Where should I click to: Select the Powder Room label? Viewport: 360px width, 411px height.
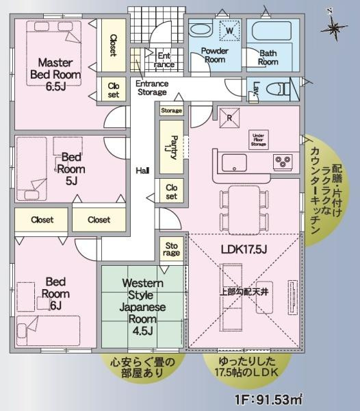pyautogui.click(x=215, y=55)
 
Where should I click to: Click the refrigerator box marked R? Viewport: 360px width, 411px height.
pyautogui.click(x=229, y=116)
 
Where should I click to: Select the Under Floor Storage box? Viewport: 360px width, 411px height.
pyautogui.click(x=259, y=140)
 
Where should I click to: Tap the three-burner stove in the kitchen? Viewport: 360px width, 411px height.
pyautogui.click(x=283, y=162)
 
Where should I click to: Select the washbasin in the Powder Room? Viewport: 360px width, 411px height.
pyautogui.click(x=201, y=31)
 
